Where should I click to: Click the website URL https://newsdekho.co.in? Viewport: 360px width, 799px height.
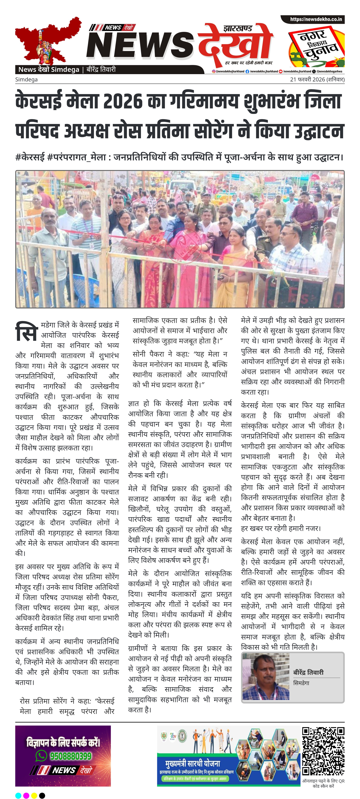[x=316, y=19]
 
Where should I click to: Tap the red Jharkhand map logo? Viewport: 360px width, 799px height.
[x=47, y=40]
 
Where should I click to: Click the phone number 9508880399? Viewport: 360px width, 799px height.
[x=71, y=756]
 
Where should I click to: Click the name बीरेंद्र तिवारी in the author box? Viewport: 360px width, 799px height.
[x=308, y=672]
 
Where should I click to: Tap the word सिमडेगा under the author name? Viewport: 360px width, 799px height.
[x=301, y=683]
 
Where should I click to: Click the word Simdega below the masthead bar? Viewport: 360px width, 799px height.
[x=26, y=79]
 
